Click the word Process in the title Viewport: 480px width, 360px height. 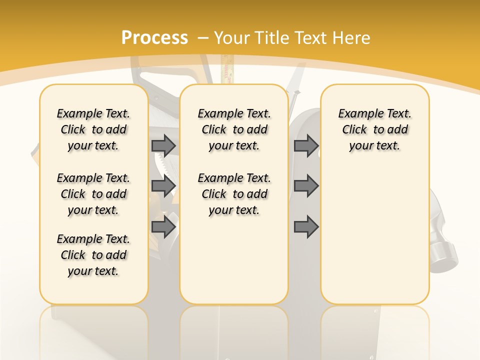154,37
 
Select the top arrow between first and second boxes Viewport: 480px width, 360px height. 163,145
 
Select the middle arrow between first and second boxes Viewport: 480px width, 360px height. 163,186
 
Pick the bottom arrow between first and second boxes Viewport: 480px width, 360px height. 163,227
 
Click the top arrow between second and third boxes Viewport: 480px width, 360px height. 306,145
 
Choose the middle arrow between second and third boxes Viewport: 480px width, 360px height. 306,186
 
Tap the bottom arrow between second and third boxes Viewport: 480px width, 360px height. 306,227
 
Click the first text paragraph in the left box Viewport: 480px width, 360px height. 93,129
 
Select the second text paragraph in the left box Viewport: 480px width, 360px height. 93,194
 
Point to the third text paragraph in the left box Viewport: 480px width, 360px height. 93,255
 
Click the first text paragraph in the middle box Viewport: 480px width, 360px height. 234,129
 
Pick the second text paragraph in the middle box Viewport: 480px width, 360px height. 234,194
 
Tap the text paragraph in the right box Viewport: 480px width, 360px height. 374,129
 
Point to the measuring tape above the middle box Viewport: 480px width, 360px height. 228,70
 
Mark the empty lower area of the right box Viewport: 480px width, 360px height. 374,235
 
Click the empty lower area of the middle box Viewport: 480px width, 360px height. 234,260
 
